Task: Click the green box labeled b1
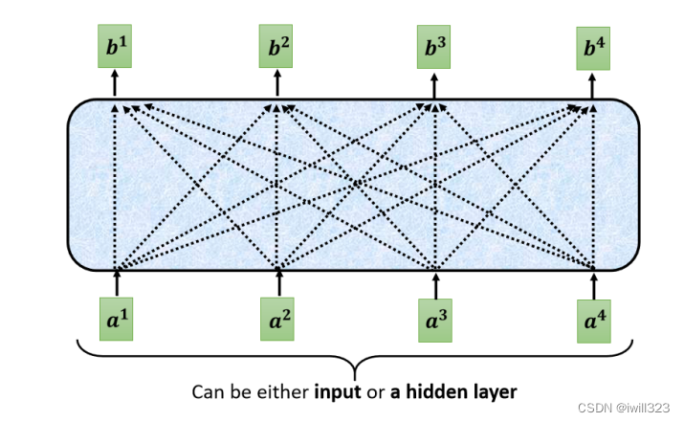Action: [x=115, y=46]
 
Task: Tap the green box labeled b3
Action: [x=434, y=46]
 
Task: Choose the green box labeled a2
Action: [x=278, y=319]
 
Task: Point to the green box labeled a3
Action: [x=436, y=319]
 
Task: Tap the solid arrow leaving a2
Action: [x=278, y=282]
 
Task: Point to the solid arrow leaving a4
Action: [x=596, y=282]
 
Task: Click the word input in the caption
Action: [x=339, y=392]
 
